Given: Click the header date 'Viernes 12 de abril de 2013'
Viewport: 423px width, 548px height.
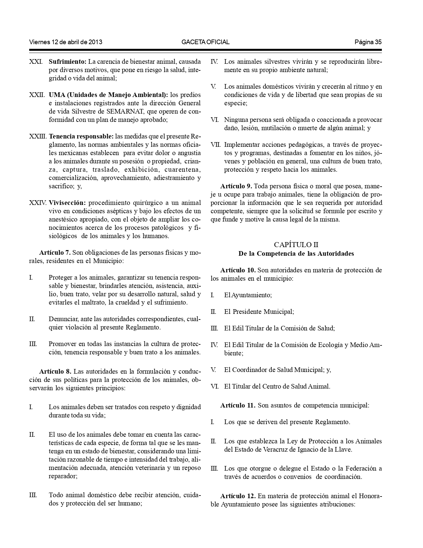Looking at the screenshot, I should click(x=66, y=42).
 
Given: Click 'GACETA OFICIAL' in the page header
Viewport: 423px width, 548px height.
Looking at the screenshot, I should click(x=206, y=42).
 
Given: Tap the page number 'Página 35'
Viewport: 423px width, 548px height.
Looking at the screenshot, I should click(x=368, y=42).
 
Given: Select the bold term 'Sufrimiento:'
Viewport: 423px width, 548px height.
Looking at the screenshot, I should click(x=68, y=62).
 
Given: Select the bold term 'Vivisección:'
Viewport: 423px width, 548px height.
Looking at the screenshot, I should click(x=67, y=203).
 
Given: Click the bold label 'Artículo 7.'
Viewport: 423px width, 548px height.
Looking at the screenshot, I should click(x=55, y=253).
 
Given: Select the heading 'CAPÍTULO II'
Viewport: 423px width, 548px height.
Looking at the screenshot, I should click(x=296, y=245).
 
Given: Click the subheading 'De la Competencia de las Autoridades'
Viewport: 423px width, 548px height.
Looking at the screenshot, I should click(x=296, y=254).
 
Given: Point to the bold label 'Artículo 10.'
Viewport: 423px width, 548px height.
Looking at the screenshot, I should click(x=238, y=270).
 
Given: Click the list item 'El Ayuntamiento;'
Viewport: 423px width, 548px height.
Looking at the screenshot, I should click(x=248, y=295).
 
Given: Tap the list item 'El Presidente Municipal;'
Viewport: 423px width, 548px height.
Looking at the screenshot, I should click(x=259, y=312).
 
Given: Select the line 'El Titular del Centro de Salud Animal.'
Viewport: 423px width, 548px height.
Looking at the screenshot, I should click(x=277, y=387).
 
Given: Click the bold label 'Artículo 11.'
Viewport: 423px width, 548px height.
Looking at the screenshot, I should click(x=238, y=406).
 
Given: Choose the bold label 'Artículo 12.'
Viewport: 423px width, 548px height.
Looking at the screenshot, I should click(x=238, y=496).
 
